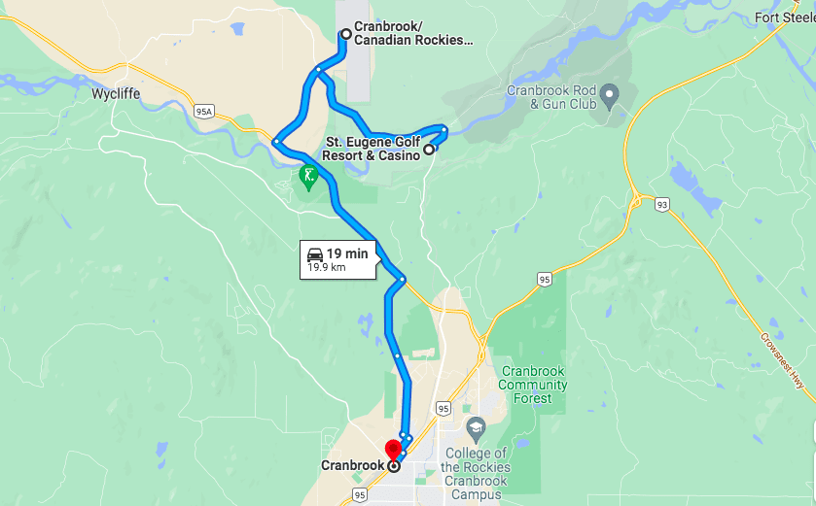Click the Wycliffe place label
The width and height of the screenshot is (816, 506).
click(117, 95)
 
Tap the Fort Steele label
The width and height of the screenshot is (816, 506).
click(785, 17)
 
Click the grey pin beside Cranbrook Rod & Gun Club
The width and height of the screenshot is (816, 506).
click(610, 95)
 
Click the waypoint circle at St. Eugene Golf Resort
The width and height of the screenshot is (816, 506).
click(429, 150)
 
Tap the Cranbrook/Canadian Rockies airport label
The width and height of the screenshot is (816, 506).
click(412, 34)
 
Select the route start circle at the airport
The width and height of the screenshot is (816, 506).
click(344, 34)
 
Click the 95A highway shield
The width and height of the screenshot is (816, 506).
click(203, 112)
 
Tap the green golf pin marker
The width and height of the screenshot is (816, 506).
click(308, 177)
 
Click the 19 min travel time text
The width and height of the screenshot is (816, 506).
click(347, 253)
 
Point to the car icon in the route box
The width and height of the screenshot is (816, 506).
click(315, 253)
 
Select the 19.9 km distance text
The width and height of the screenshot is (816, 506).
click(326, 266)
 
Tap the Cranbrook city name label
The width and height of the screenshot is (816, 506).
click(351, 465)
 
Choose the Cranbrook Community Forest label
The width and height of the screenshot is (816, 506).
click(533, 385)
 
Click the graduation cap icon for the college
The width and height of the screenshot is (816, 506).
click(476, 427)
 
